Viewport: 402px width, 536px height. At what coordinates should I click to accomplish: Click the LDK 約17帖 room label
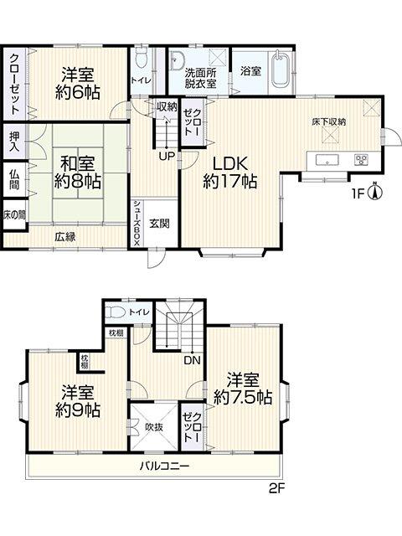[229, 173]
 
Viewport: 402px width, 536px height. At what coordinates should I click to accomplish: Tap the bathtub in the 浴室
[281, 70]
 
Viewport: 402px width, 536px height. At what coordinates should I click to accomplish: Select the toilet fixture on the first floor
[141, 57]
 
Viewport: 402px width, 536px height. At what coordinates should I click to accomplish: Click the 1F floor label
[358, 194]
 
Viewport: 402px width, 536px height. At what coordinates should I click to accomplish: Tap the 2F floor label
[276, 489]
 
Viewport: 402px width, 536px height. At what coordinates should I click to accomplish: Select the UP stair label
[167, 157]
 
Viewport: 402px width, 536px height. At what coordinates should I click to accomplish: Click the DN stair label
[193, 360]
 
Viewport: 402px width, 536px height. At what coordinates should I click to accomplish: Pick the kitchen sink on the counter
[327, 160]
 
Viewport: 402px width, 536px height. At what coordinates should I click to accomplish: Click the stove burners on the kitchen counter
[361, 160]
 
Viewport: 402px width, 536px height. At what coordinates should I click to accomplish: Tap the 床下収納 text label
[329, 122]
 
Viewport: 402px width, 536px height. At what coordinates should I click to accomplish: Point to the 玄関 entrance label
[159, 224]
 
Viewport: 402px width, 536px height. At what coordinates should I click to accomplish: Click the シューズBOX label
[137, 223]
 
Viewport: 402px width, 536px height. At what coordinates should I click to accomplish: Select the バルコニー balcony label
[164, 466]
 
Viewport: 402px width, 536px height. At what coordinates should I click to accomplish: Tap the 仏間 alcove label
[15, 179]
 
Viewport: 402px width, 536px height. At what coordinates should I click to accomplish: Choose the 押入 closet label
[15, 142]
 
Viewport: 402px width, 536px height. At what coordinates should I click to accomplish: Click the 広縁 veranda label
[65, 236]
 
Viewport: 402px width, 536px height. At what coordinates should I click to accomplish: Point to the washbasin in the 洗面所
[177, 59]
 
